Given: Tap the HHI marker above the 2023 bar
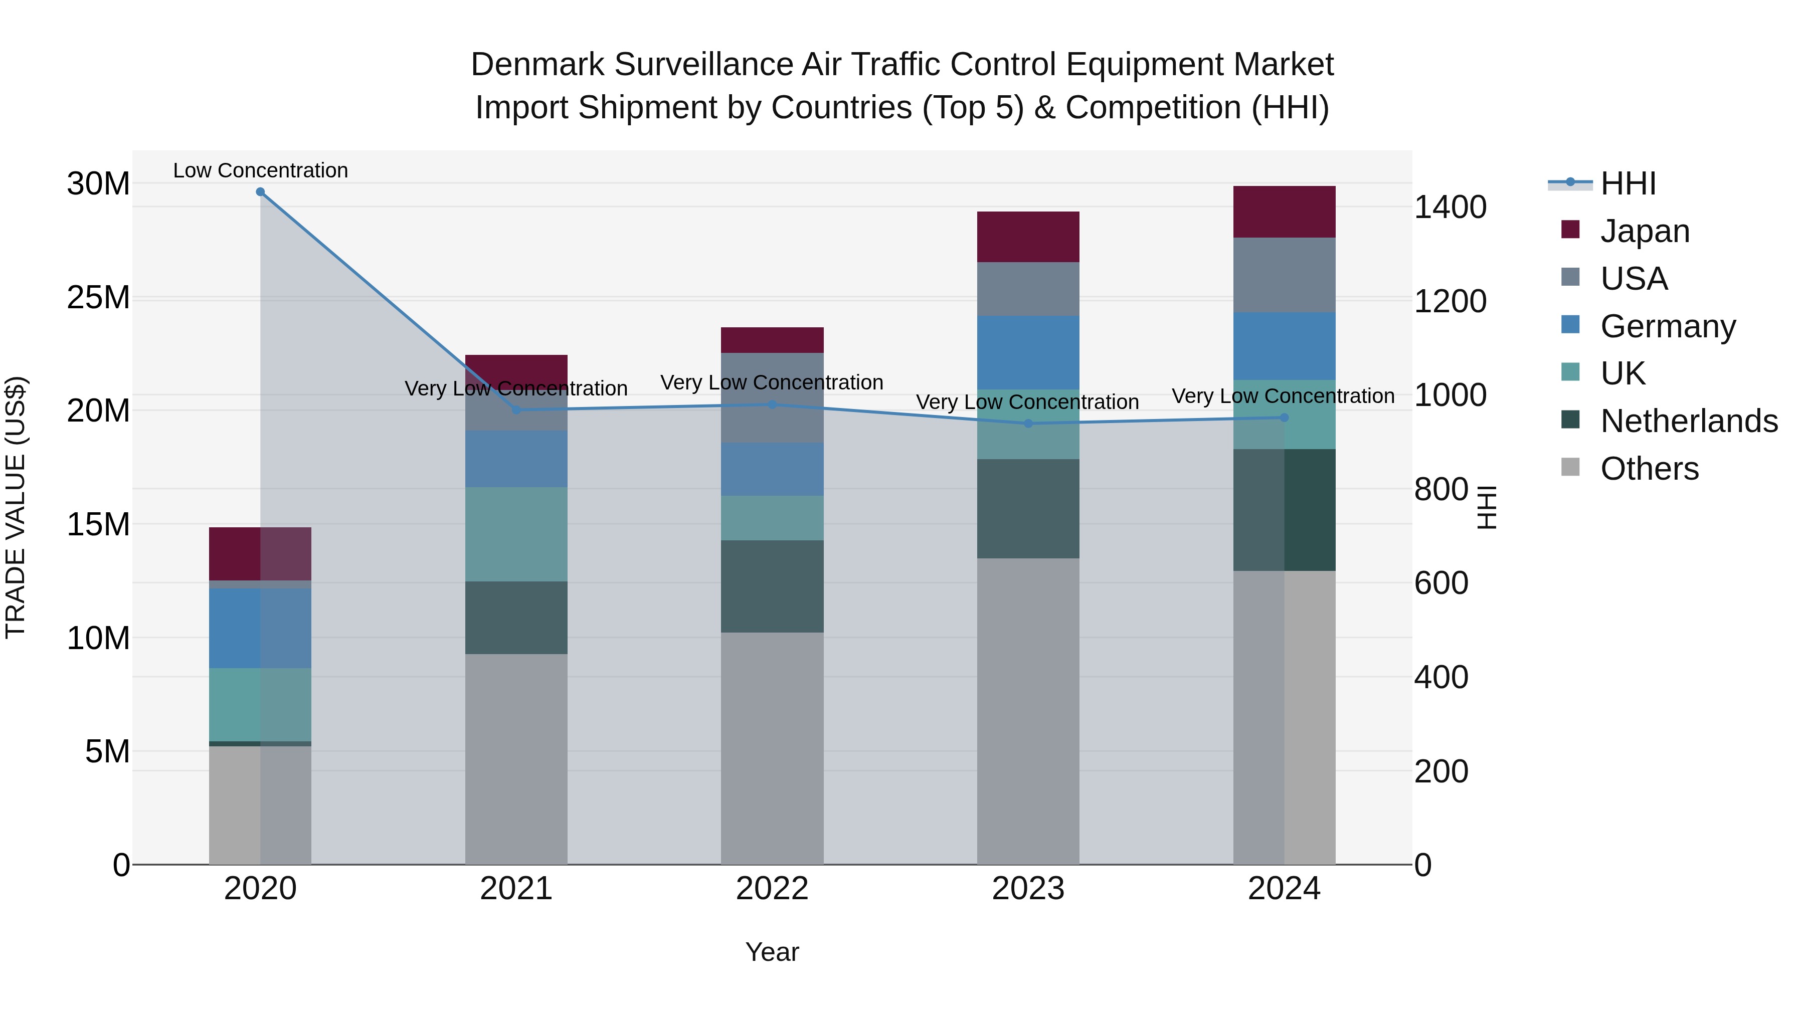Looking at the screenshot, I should [1028, 423].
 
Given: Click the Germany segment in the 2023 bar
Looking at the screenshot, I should [1028, 352].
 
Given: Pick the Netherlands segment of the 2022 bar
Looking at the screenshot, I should [772, 586].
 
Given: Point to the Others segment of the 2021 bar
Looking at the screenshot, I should [516, 759].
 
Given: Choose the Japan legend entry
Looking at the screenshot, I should [1645, 231].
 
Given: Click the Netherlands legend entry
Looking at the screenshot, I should [1689, 421].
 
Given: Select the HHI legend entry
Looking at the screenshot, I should [1628, 183].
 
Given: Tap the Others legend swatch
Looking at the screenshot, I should [1570, 467].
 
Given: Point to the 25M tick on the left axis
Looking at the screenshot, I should [98, 298].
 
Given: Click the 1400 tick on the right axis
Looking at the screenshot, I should [1450, 208].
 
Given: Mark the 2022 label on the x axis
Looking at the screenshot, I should [772, 889].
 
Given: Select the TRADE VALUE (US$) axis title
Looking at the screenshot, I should [16, 507].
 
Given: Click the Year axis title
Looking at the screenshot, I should [772, 952].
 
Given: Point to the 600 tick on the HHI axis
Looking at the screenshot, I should [1440, 583].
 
